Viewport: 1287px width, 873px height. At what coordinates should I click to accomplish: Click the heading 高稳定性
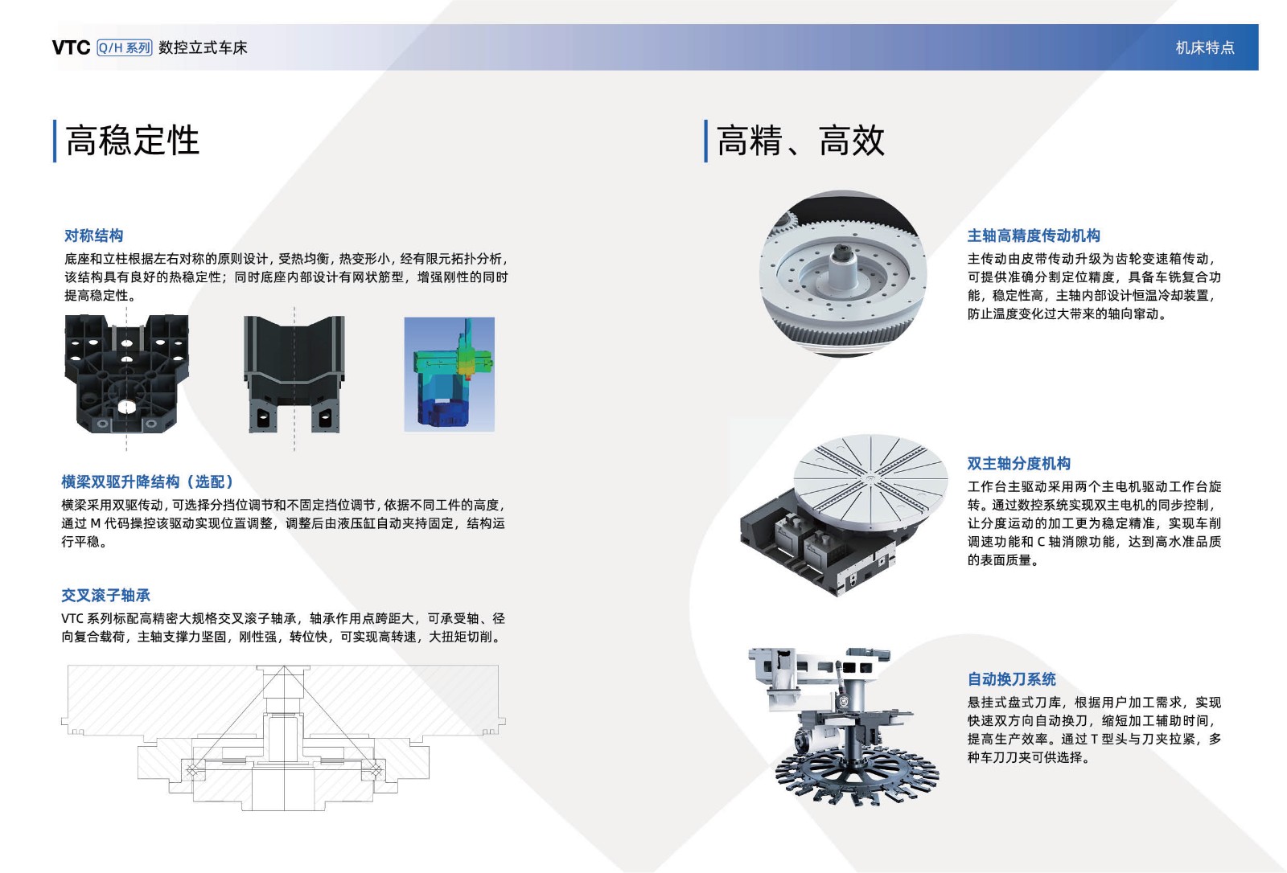(x=132, y=141)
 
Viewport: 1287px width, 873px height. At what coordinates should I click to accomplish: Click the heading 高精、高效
(x=800, y=141)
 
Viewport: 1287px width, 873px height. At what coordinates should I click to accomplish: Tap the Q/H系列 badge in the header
(x=125, y=47)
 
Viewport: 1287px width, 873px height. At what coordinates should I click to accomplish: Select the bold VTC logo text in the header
(x=72, y=47)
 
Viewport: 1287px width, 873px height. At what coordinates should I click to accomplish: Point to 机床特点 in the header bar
(x=1205, y=47)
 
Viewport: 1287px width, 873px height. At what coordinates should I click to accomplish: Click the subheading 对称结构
(x=93, y=236)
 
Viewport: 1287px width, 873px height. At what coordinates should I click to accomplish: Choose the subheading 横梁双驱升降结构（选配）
(x=148, y=482)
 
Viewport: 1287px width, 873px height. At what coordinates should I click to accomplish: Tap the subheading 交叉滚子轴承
(x=105, y=595)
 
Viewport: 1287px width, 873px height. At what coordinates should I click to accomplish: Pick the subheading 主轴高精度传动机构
(x=1034, y=236)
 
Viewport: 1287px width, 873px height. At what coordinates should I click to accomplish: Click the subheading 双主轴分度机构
(x=1018, y=463)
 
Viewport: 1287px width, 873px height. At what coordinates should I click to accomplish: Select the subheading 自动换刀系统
(x=1011, y=679)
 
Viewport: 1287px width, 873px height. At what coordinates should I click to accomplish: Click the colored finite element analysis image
(x=450, y=374)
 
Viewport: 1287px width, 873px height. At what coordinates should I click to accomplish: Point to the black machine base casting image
(x=126, y=373)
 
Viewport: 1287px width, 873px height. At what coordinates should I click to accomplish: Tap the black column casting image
(x=294, y=374)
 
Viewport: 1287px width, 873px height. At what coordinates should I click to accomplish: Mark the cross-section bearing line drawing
(x=283, y=738)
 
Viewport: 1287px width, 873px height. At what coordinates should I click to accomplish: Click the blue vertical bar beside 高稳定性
(x=55, y=141)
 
